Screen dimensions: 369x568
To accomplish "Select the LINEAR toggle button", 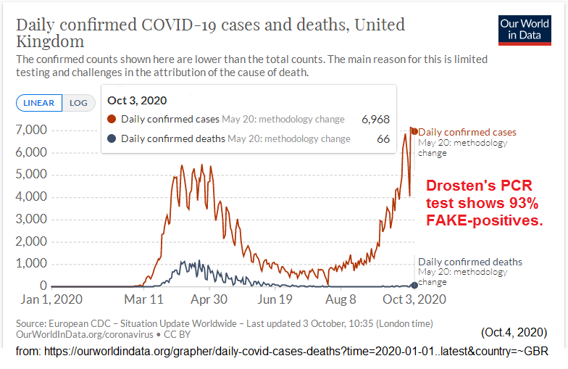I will pyautogui.click(x=39, y=103).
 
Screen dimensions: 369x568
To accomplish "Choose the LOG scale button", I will pyautogui.click(x=78, y=103).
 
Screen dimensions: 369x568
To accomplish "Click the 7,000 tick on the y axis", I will pyautogui.click(x=31, y=130).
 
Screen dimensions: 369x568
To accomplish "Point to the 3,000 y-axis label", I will pyautogui.click(x=31, y=219).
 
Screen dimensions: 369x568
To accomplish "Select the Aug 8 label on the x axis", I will pyautogui.click(x=342, y=299).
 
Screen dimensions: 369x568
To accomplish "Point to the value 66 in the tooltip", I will pyautogui.click(x=383, y=138).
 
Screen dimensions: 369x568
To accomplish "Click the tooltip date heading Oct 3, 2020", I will pyautogui.click(x=138, y=99).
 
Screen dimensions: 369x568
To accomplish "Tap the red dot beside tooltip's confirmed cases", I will pyautogui.click(x=112, y=119).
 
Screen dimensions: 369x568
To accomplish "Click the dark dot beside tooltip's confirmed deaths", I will pyautogui.click(x=112, y=138).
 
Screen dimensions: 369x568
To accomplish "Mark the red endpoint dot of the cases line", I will pyautogui.click(x=414, y=130).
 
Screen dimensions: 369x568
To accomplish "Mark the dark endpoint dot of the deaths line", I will pyautogui.click(x=414, y=285).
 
